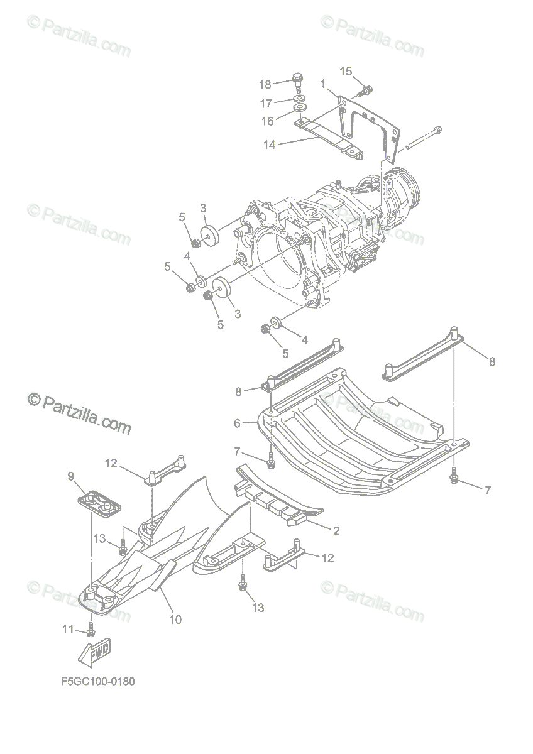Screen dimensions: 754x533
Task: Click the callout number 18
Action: point(265,84)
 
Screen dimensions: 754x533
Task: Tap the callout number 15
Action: point(346,71)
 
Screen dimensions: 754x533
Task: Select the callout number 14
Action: point(270,145)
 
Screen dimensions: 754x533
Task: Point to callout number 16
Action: point(267,121)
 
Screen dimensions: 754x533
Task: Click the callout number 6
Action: point(237,423)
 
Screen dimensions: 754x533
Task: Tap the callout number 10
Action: point(175,620)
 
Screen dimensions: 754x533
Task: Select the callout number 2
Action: point(336,531)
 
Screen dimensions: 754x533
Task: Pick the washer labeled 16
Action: point(300,115)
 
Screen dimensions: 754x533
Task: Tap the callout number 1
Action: point(322,84)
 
